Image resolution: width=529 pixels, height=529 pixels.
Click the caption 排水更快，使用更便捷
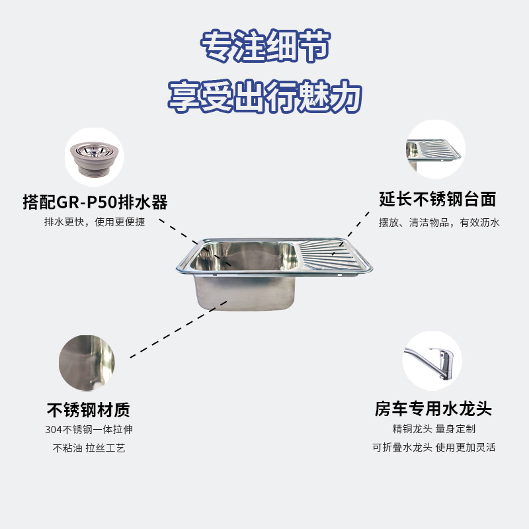(95, 222)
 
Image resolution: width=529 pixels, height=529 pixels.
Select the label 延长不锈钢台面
(438, 199)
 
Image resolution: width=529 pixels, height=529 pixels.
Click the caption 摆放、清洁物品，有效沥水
(439, 223)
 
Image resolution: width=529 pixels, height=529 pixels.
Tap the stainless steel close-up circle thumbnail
(88, 363)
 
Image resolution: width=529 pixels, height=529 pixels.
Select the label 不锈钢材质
(89, 409)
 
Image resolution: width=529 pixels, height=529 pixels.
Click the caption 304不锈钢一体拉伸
(89, 430)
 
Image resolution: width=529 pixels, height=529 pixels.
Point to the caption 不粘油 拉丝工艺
(89, 448)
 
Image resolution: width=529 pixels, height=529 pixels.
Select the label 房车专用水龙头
(433, 408)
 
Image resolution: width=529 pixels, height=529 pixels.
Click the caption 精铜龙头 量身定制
(434, 429)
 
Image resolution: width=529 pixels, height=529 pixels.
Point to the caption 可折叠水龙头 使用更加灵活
(434, 448)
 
